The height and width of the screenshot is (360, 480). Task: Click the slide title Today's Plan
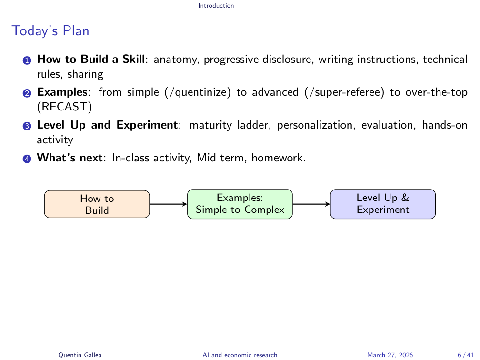coord(50,31)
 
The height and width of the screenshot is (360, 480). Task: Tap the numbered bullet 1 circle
coord(27,60)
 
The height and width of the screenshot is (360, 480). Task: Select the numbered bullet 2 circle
coord(27,93)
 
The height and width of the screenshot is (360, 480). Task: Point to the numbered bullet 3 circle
coord(27,126)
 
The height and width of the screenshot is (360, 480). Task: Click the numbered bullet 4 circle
coord(27,159)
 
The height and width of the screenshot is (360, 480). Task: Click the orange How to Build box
coord(97,204)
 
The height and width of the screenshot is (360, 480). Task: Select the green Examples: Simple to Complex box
coord(240,204)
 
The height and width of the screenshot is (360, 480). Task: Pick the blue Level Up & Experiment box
coord(383,204)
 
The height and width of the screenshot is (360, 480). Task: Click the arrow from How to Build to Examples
coord(169,204)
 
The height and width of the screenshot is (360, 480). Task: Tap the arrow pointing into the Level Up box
coord(311,204)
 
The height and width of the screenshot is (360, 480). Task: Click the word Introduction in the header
coord(216,6)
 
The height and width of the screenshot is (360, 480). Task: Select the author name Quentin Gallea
coord(80,355)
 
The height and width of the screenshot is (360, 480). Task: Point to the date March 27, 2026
coord(390,355)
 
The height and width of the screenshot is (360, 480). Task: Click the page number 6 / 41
coord(466,355)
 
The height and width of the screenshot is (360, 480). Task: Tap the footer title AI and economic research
coord(240,355)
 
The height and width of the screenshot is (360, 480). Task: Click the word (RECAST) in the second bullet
coord(65,107)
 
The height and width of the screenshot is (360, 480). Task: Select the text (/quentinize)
coord(198,92)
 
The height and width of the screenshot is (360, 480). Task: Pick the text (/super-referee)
coord(344,92)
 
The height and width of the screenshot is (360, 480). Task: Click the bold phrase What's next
coord(70,158)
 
